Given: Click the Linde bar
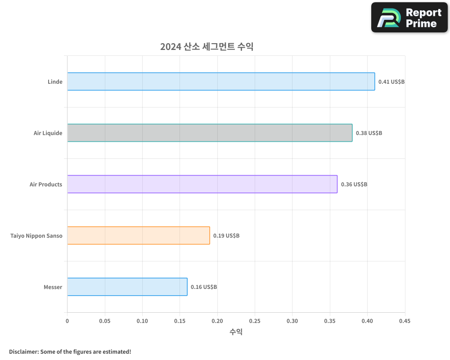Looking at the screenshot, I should (221, 81).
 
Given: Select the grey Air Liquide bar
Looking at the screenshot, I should (210, 133).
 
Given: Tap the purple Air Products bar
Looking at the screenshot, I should (202, 184).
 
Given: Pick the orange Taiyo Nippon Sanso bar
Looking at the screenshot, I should (139, 235).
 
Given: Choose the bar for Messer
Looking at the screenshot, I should (127, 287).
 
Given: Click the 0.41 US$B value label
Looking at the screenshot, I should (391, 82).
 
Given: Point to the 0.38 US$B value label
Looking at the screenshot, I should (369, 133).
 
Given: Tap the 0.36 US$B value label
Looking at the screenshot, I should (354, 184).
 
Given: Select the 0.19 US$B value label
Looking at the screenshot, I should (226, 236).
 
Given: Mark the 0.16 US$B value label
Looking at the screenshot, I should (203, 287).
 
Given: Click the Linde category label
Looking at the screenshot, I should (55, 82).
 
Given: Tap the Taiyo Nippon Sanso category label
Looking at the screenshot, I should (36, 236).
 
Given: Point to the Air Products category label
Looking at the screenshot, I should (46, 184).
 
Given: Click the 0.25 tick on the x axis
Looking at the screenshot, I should (255, 321).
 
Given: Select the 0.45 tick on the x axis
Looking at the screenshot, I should (405, 321).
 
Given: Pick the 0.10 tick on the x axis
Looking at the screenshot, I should (142, 321).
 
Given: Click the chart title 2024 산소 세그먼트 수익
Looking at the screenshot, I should (207, 47).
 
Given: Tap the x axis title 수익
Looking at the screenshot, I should (236, 332).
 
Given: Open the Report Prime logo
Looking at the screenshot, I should (409, 18).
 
